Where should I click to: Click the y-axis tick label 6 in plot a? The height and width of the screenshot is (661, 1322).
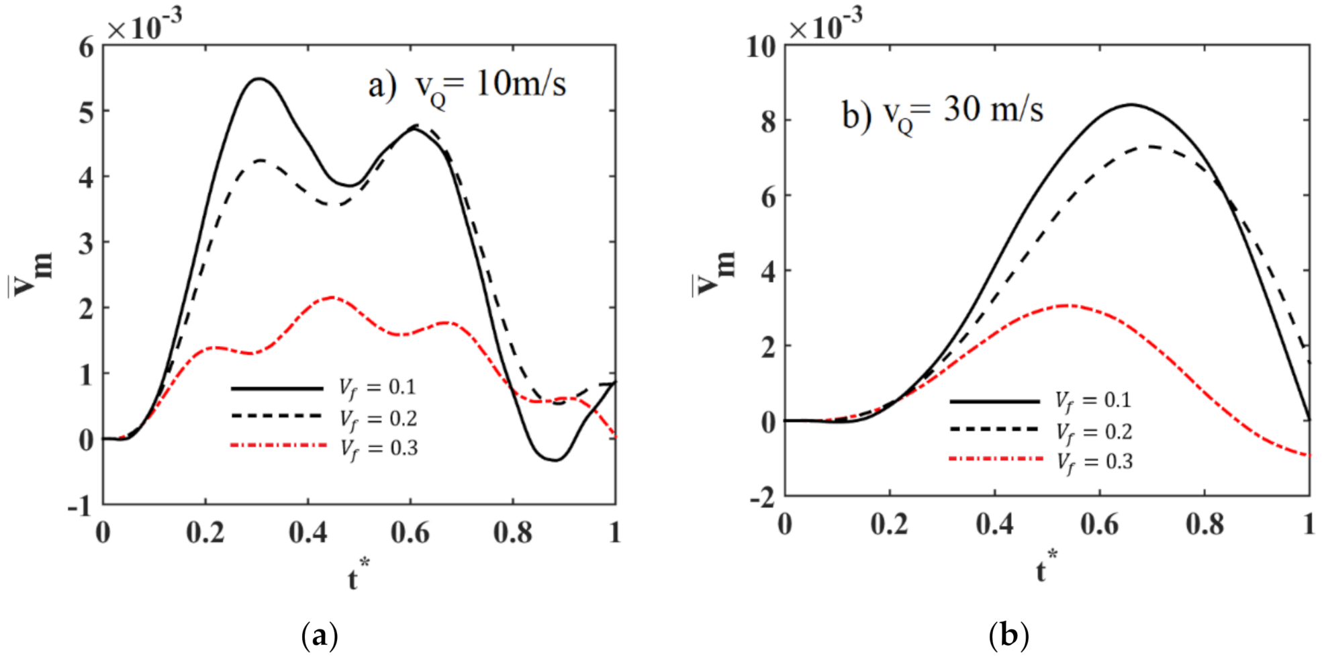pyautogui.click(x=87, y=47)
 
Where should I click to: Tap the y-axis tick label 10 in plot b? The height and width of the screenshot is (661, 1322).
pyautogui.click(x=761, y=47)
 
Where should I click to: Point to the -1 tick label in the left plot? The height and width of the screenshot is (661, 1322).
pyautogui.click(x=80, y=506)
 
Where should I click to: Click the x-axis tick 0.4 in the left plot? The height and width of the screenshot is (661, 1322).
pyautogui.click(x=308, y=533)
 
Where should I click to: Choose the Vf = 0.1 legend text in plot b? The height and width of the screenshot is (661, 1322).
pyautogui.click(x=1093, y=401)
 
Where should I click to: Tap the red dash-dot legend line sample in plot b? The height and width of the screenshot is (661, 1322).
pyautogui.click(x=996, y=459)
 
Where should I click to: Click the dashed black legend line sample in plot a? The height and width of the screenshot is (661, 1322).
pyautogui.click(x=277, y=416)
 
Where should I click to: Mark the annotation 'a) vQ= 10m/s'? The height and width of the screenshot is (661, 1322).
pyautogui.click(x=467, y=86)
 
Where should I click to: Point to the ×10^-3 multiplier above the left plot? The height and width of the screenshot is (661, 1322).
pyautogui.click(x=144, y=26)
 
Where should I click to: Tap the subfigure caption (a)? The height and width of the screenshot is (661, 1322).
pyautogui.click(x=320, y=635)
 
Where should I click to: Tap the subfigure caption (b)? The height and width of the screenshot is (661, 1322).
pyautogui.click(x=1008, y=635)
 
